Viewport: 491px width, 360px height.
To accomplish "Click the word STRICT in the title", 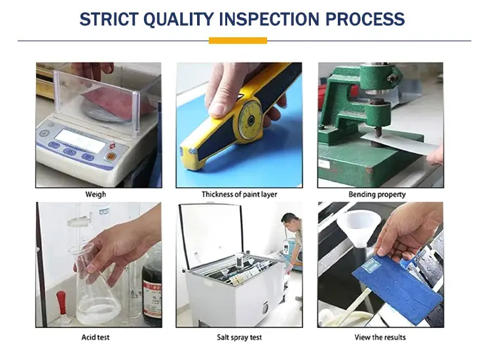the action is click(109, 19).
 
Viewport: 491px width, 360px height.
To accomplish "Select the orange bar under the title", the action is click(238, 41).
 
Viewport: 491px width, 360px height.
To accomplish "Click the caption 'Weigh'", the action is click(96, 194).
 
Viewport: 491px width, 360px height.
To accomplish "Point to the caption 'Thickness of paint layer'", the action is click(239, 194).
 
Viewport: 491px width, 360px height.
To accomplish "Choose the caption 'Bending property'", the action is click(377, 194).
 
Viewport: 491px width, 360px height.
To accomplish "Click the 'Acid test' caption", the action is click(96, 337).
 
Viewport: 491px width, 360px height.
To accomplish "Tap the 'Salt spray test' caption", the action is click(239, 337).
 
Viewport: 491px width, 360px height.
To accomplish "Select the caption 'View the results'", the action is click(380, 337).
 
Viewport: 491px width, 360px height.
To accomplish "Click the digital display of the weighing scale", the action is click(81, 141).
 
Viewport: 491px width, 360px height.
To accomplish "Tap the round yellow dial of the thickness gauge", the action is click(249, 120).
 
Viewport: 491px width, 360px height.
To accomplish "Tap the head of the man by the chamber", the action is click(289, 221).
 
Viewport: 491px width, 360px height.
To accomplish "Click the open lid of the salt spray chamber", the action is click(211, 236).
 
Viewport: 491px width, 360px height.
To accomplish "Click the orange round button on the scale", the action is click(110, 156).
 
